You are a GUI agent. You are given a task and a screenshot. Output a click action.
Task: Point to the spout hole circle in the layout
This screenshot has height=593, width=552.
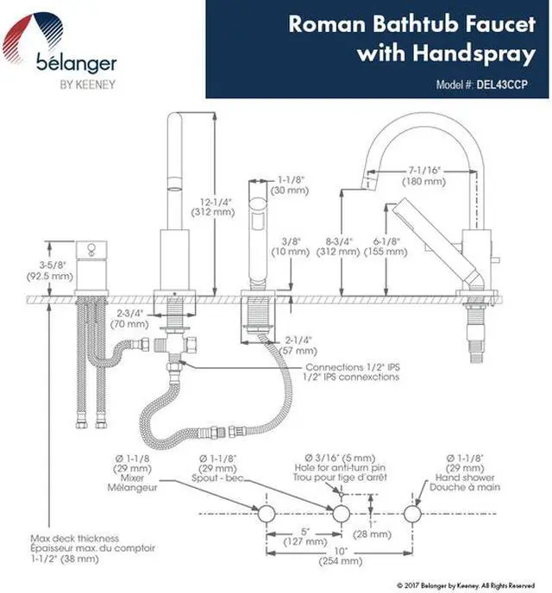tap(342, 512)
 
